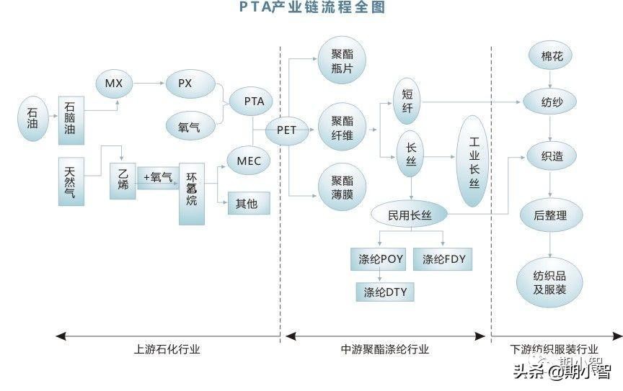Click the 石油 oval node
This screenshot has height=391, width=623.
click(x=32, y=114)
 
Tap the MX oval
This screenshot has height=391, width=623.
click(x=114, y=84)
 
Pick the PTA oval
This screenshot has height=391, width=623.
click(x=254, y=102)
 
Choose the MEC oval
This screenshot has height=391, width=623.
click(x=249, y=161)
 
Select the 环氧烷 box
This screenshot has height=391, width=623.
click(x=192, y=189)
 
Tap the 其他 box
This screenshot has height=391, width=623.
click(x=248, y=203)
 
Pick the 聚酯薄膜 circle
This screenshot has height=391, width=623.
click(x=342, y=186)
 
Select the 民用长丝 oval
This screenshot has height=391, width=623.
click(x=409, y=215)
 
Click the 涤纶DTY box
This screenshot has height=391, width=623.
click(x=385, y=292)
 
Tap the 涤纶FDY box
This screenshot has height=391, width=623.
click(x=443, y=259)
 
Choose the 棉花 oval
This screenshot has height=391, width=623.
click(x=552, y=56)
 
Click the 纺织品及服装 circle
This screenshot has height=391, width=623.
click(x=549, y=282)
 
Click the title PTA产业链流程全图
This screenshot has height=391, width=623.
click(x=311, y=8)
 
